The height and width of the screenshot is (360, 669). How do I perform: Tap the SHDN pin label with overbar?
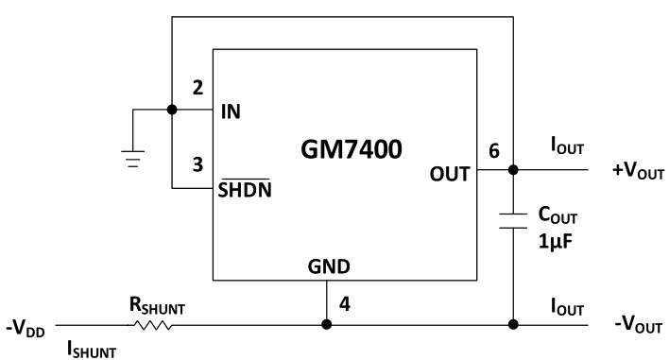coord(244,188)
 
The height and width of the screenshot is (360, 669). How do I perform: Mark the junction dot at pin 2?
coord(171,110)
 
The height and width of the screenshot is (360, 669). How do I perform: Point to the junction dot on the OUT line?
coord(511,171)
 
